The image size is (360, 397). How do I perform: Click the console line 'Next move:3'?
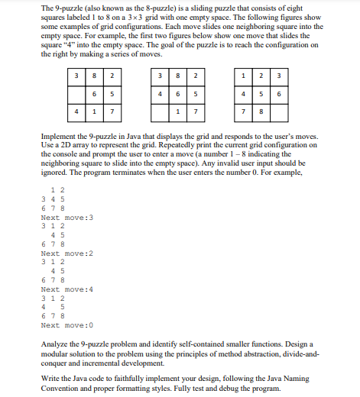(x=66, y=218)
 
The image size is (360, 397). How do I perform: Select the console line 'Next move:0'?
(x=66, y=325)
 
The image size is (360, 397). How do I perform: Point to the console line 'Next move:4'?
(x=66, y=289)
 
